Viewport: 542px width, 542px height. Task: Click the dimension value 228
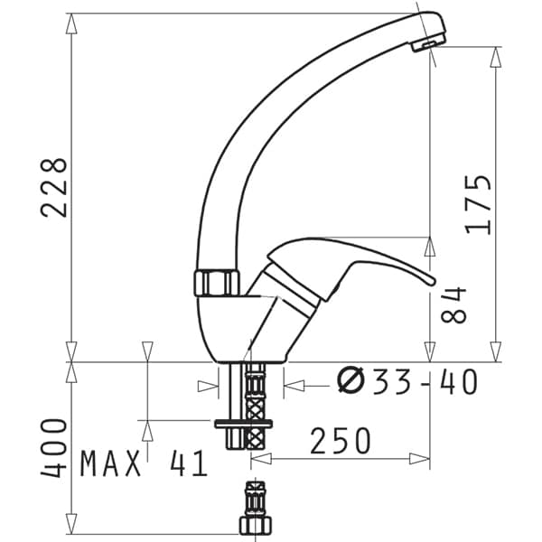54,188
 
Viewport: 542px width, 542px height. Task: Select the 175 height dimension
479,205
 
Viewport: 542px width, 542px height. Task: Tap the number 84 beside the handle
453,304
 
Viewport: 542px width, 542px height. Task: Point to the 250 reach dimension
341,441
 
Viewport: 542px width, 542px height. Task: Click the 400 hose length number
53,448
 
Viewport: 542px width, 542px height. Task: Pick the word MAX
110,463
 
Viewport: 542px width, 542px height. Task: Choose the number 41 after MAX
189,463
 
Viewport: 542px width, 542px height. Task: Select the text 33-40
425,381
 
